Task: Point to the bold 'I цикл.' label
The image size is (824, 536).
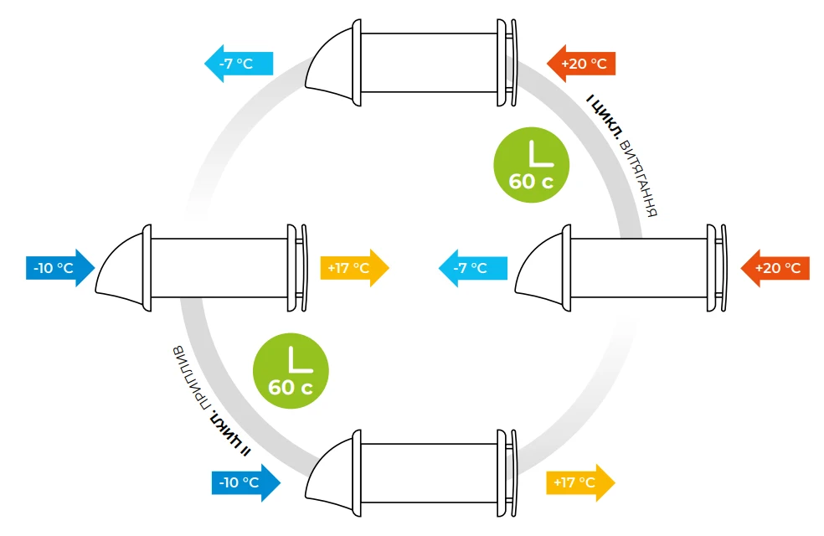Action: (x=605, y=118)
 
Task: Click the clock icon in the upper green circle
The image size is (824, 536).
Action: (x=532, y=153)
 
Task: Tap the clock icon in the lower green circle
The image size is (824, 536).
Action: (x=291, y=358)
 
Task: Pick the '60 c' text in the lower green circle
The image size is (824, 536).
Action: (x=291, y=388)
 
